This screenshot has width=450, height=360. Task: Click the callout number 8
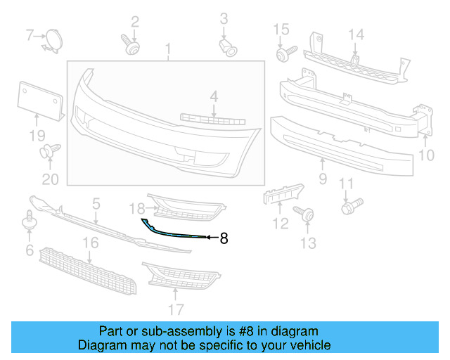(x=224, y=238)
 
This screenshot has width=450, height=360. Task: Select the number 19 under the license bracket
(x=37, y=135)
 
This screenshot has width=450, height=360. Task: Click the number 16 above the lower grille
(x=90, y=243)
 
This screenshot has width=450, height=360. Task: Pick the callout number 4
(x=213, y=96)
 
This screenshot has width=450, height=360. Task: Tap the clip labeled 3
(x=226, y=46)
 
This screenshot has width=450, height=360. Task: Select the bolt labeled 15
(x=283, y=54)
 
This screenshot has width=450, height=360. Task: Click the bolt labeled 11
(x=349, y=207)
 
